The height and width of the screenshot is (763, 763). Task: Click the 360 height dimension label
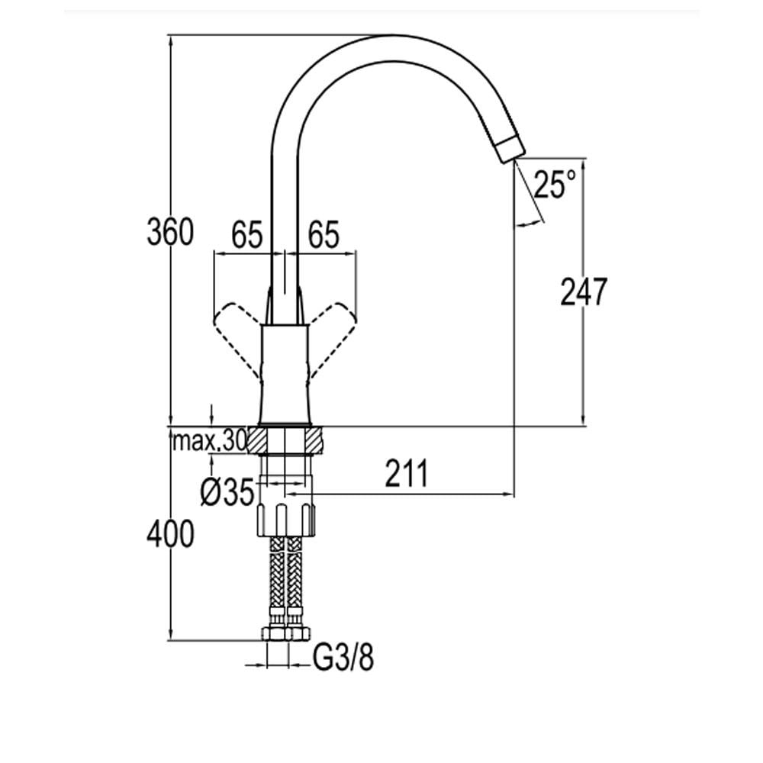(170, 232)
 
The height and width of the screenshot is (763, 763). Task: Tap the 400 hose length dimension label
(170, 534)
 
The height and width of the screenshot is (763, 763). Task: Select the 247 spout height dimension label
(584, 291)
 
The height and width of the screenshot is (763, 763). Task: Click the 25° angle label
(555, 185)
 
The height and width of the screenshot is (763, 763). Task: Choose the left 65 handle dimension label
(246, 234)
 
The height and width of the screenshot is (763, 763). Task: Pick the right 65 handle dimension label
(323, 234)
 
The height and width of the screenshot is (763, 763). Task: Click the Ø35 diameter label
(227, 492)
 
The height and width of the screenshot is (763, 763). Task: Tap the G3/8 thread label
(343, 658)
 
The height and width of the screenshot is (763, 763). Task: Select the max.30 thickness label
(210, 441)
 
